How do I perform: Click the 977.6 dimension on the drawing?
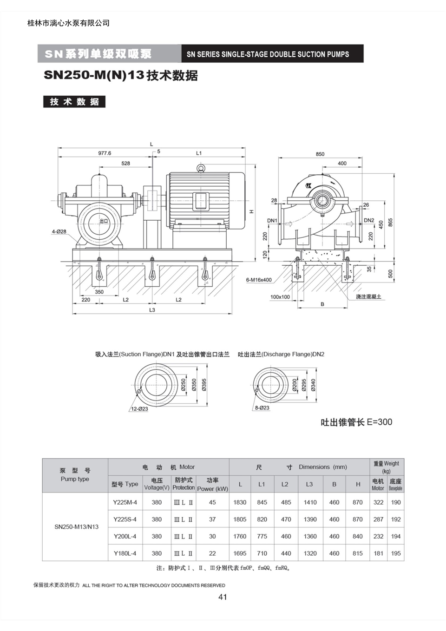[105, 153]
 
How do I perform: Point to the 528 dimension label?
[125, 164]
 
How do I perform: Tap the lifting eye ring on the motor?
[201, 168]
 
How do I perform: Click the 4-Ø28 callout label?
[59, 231]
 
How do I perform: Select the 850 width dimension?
[320, 154]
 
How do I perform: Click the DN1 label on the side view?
[272, 221]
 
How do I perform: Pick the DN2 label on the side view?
[369, 220]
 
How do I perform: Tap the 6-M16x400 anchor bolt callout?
[259, 280]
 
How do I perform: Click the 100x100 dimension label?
[280, 297]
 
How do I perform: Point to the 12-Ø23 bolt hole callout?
[140, 409]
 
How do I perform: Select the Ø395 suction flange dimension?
[204, 385]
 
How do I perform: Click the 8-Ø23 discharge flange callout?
[262, 408]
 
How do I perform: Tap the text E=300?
[380, 422]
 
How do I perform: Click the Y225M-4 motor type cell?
[125, 502]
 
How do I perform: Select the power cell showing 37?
[212, 519]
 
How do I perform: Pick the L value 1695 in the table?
[240, 553]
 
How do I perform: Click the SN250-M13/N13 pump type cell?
[77, 527]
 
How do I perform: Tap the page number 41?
[223, 597]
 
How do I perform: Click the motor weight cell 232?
[379, 536]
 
